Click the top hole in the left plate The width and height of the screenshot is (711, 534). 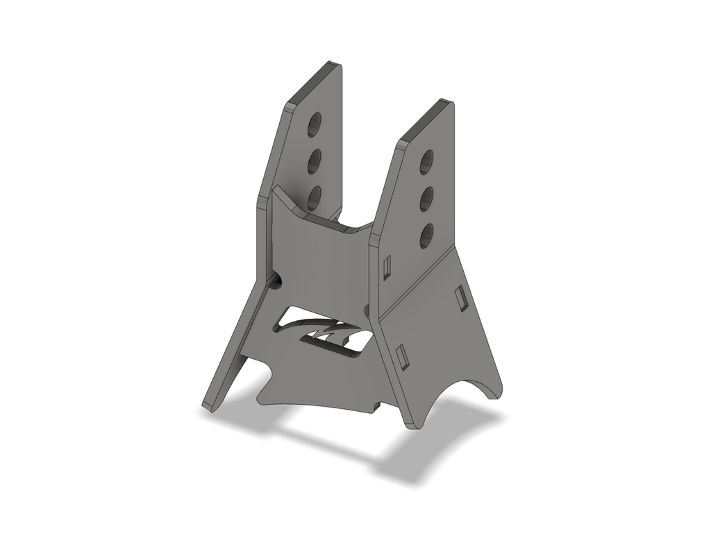point(315,125)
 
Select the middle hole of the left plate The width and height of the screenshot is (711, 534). point(315,161)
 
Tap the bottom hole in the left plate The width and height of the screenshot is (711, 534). point(315,197)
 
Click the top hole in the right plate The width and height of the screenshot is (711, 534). point(427,162)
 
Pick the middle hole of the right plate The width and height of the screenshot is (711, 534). point(426,199)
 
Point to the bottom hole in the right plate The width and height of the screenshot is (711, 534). point(426,236)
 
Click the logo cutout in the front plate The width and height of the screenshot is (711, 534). point(324,333)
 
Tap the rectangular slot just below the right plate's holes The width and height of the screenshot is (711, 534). point(387,266)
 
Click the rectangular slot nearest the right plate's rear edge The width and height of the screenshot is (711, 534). point(460,298)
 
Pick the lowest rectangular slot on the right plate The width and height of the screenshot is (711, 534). point(401,356)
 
